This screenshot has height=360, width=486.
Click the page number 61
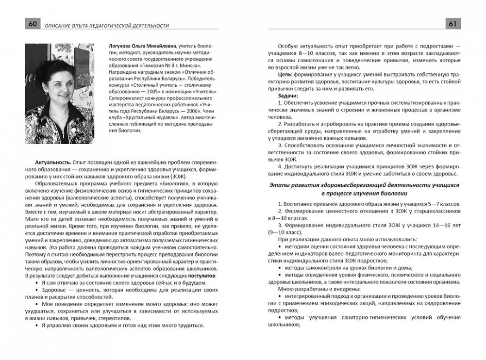455,24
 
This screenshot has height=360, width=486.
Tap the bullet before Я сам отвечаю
37,283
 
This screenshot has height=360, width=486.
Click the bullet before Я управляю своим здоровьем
37,326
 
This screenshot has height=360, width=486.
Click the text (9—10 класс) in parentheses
289,231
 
